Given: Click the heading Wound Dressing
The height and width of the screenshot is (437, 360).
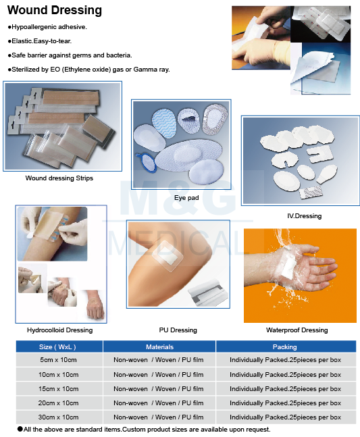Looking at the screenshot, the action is click(x=55, y=10).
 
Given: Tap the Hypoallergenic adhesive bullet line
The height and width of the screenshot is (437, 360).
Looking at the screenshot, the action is click(x=47, y=27).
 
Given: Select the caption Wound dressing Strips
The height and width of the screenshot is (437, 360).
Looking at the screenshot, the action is click(x=59, y=178).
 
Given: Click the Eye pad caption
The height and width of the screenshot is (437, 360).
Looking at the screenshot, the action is click(x=186, y=198).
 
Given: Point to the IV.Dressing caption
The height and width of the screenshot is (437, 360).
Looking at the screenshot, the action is click(x=304, y=216).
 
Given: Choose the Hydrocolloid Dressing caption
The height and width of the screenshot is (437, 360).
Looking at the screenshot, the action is click(x=59, y=330).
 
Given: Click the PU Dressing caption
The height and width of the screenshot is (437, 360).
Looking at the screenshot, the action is click(x=178, y=330).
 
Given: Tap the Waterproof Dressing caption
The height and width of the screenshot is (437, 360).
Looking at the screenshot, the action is click(x=297, y=330).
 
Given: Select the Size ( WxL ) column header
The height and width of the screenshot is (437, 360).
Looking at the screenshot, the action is click(x=57, y=347).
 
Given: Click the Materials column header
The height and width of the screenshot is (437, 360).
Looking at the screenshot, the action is click(x=159, y=347).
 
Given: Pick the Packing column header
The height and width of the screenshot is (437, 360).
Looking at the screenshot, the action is click(x=284, y=347).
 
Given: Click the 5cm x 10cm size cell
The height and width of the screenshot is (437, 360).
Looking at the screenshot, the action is click(x=58, y=360).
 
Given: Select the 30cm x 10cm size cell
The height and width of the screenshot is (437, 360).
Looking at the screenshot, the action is click(x=58, y=417).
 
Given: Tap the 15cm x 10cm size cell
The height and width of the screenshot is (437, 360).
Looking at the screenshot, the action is click(x=58, y=389).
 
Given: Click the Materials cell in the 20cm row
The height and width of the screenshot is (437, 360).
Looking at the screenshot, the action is click(x=158, y=403).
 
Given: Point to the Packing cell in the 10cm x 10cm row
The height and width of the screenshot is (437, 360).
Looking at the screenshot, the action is click(x=285, y=375).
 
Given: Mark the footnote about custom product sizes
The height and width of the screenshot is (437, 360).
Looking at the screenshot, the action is click(x=144, y=430).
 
